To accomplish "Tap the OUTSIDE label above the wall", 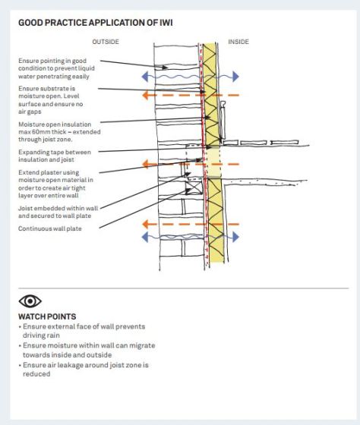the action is click(x=106, y=42).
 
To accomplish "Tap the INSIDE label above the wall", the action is click(x=238, y=42).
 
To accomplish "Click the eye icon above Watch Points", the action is click(x=30, y=301).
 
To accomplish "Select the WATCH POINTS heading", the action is click(x=47, y=316).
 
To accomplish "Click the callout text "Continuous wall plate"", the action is click(x=50, y=228).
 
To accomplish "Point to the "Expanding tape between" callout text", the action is click(x=55, y=152).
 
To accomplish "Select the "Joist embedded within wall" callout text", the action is click(x=58, y=208).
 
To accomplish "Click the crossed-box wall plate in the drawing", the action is click(x=194, y=187).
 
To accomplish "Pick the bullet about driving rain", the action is click(x=82, y=331).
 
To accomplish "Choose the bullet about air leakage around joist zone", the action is click(x=84, y=369).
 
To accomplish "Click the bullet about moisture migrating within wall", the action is click(x=87, y=350).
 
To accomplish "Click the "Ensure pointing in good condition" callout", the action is click(x=56, y=68).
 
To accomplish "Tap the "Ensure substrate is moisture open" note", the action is click(x=51, y=100).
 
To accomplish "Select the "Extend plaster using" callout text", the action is click(x=49, y=172).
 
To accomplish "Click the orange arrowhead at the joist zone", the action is click(x=146, y=164).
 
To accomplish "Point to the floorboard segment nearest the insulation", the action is click(x=231, y=143).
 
